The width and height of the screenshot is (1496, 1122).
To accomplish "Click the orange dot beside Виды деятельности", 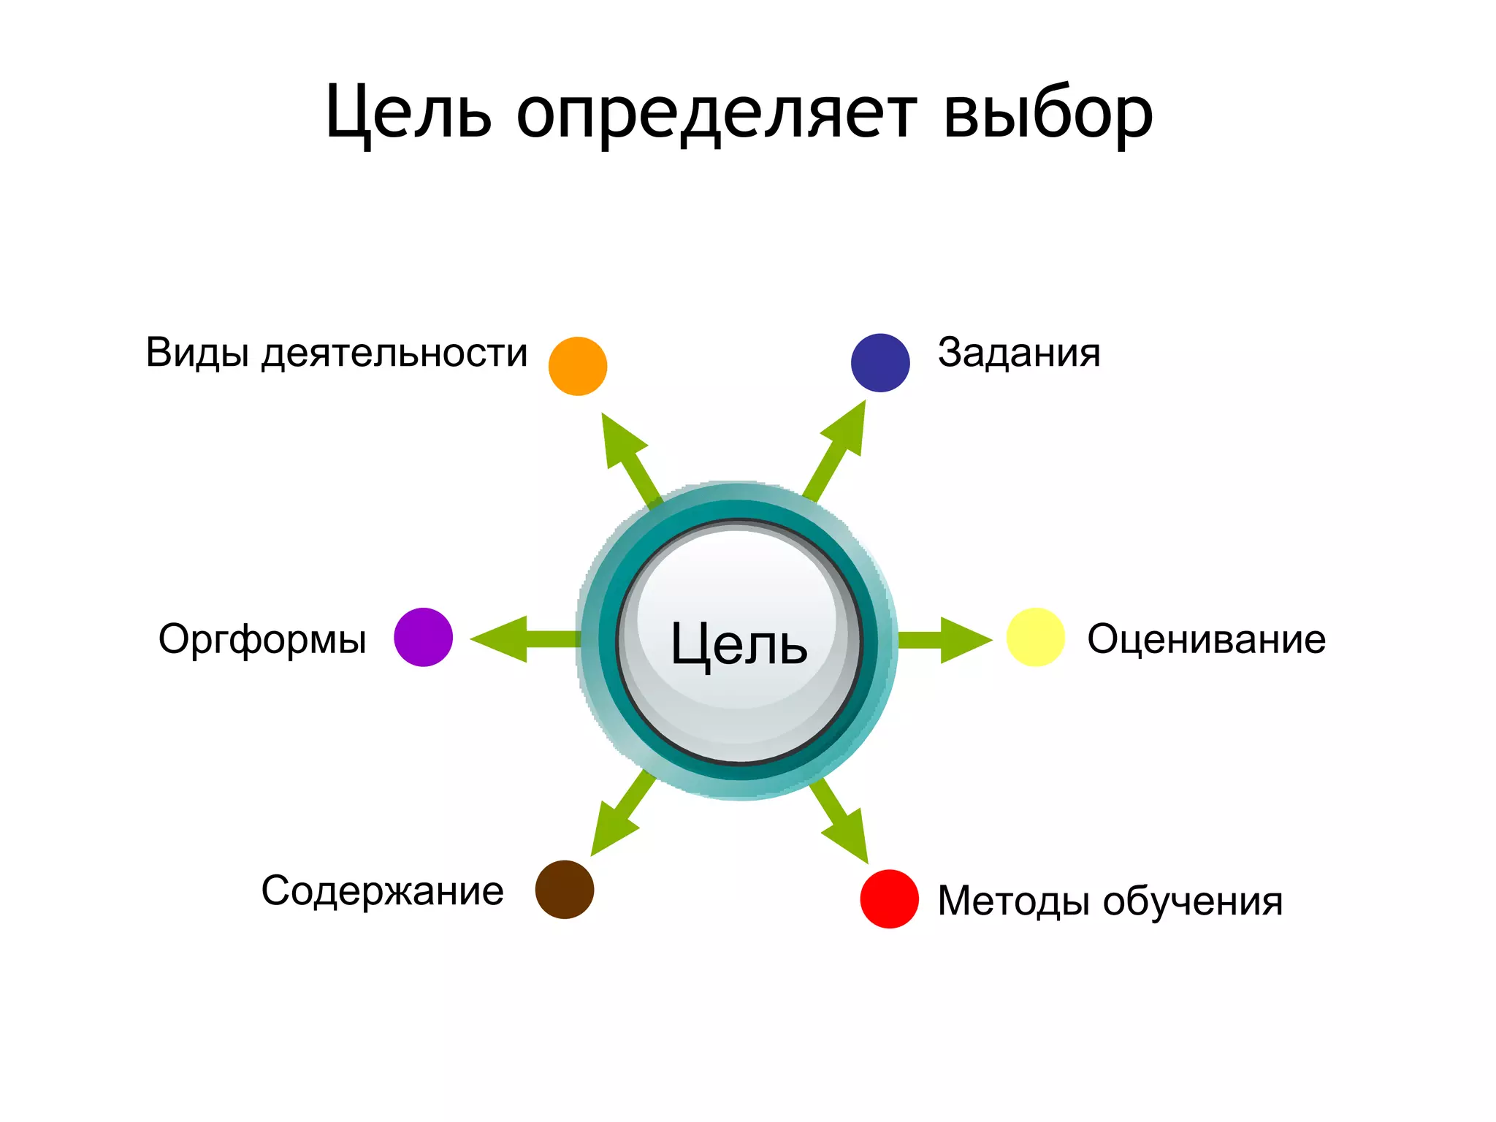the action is pyautogui.click(x=578, y=366).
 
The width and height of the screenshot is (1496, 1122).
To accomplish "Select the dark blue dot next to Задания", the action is pyautogui.click(x=880, y=363).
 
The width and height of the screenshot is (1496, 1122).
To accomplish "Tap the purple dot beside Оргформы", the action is pyautogui.click(x=423, y=637).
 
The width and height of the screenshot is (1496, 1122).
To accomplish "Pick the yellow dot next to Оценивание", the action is pyautogui.click(x=1035, y=637).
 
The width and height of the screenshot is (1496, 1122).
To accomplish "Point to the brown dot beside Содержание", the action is pyautogui.click(x=565, y=889).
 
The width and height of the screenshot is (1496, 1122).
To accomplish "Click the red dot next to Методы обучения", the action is pyautogui.click(x=889, y=898).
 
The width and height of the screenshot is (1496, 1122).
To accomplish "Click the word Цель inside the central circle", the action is pyautogui.click(x=739, y=644).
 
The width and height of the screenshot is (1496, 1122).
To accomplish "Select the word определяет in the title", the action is pyautogui.click(x=717, y=115).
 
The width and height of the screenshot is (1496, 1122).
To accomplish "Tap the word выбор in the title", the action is pyautogui.click(x=1047, y=115).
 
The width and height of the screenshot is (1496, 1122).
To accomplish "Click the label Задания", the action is pyautogui.click(x=1019, y=353).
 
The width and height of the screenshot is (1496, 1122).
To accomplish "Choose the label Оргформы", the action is pyautogui.click(x=262, y=640).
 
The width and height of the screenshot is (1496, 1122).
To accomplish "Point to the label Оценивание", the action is pyautogui.click(x=1206, y=639).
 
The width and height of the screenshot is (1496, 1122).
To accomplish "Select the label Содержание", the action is pyautogui.click(x=382, y=891).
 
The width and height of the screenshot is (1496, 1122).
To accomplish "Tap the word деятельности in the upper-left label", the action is pyautogui.click(x=394, y=354).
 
